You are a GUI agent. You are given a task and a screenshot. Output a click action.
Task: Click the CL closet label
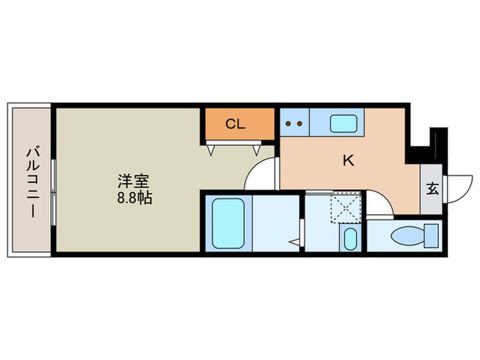[x=236, y=124]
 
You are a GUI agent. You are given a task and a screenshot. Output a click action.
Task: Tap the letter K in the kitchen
[x=348, y=160]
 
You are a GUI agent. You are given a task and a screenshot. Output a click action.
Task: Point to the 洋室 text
[x=133, y=182]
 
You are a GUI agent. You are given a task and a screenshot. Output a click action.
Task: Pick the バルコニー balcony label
[x=31, y=180]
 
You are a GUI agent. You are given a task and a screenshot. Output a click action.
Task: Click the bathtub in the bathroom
[x=228, y=223]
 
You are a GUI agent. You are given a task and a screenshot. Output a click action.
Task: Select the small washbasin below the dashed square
[x=350, y=240]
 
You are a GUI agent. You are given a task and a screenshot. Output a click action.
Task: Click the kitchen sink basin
[x=344, y=123]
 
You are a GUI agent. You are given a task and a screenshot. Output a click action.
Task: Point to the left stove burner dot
[x=289, y=124]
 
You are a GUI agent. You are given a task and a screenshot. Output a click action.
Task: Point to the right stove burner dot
[x=300, y=124]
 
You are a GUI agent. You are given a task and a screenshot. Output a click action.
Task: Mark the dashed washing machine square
[x=346, y=207]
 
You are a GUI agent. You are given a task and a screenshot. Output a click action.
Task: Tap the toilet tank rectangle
[x=431, y=237]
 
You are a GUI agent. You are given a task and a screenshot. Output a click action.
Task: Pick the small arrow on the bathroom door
[x=295, y=241]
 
